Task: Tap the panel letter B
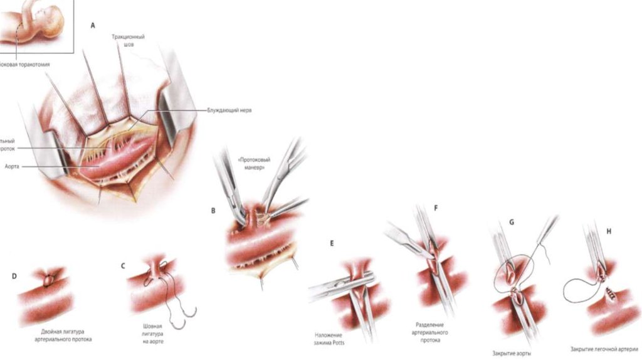213,211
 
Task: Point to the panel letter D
14,275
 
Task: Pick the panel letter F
436,207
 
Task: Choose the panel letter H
608,231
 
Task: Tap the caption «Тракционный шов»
124,41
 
